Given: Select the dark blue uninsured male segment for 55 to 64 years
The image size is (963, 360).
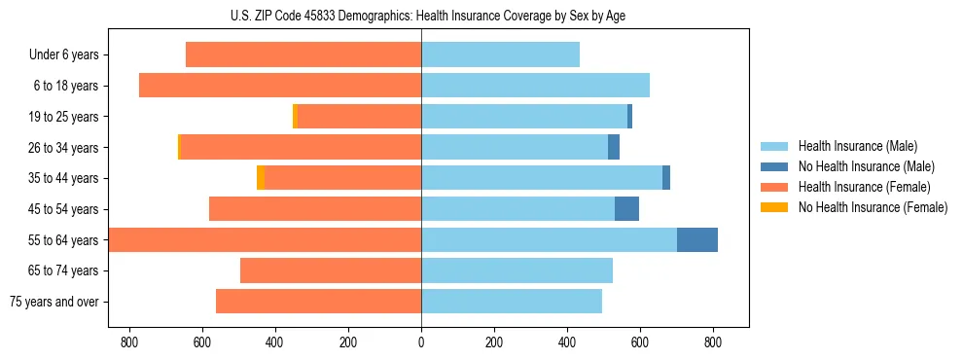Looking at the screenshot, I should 696,239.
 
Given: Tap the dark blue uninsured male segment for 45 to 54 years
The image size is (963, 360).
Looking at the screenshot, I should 626,209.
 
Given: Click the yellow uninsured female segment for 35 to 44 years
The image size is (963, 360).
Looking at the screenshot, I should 261,178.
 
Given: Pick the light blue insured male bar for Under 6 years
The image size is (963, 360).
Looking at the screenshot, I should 500,54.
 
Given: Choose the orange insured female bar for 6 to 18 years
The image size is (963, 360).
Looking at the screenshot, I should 280,86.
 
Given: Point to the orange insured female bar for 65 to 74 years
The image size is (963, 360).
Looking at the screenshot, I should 331,270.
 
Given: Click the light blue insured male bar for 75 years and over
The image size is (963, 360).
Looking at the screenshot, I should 511,302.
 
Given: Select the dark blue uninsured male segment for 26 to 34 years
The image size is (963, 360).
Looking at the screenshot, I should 614,147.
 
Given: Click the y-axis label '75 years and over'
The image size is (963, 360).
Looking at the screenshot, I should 53,302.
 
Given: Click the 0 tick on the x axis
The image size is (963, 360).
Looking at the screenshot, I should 421,342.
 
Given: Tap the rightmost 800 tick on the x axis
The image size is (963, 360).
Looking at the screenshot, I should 712,342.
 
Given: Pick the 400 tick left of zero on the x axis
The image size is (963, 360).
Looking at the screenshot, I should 275,342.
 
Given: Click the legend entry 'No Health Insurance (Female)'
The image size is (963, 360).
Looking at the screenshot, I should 872,207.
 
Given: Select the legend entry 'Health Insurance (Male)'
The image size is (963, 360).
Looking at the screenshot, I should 857,146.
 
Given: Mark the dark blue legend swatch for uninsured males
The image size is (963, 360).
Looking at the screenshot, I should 774,166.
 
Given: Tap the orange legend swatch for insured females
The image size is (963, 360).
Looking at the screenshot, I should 774,187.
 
